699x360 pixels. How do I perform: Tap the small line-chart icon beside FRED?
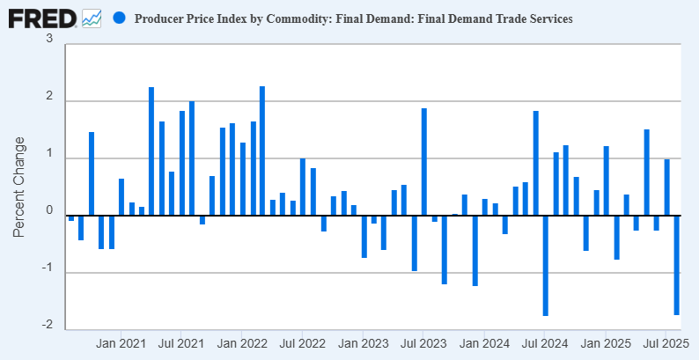tap(92, 18)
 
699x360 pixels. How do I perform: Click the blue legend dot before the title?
tap(120, 18)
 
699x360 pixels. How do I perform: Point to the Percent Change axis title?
tap(18, 186)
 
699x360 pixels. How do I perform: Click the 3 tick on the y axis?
tap(49, 40)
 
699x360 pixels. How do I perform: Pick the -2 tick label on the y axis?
tap(47, 326)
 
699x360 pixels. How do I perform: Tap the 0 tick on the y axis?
tap(49, 211)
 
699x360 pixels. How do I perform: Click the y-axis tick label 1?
tap(49, 154)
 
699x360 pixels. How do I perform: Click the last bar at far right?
tap(677, 265)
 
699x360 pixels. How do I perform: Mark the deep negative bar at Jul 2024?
tap(546, 265)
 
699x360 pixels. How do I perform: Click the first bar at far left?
tap(71, 217)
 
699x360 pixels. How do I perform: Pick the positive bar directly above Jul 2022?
tap(303, 187)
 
